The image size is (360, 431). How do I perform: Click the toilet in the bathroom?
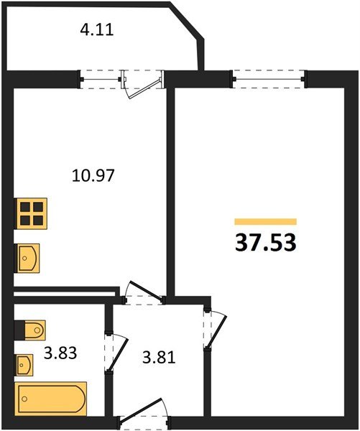[29, 330]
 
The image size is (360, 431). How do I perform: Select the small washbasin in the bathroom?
[25, 365]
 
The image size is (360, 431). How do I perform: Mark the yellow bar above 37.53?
[265, 221]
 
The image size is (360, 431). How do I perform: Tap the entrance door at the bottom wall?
[141, 417]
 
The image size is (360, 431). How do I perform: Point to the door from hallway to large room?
[210, 328]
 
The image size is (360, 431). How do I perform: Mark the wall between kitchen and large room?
[171, 187]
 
